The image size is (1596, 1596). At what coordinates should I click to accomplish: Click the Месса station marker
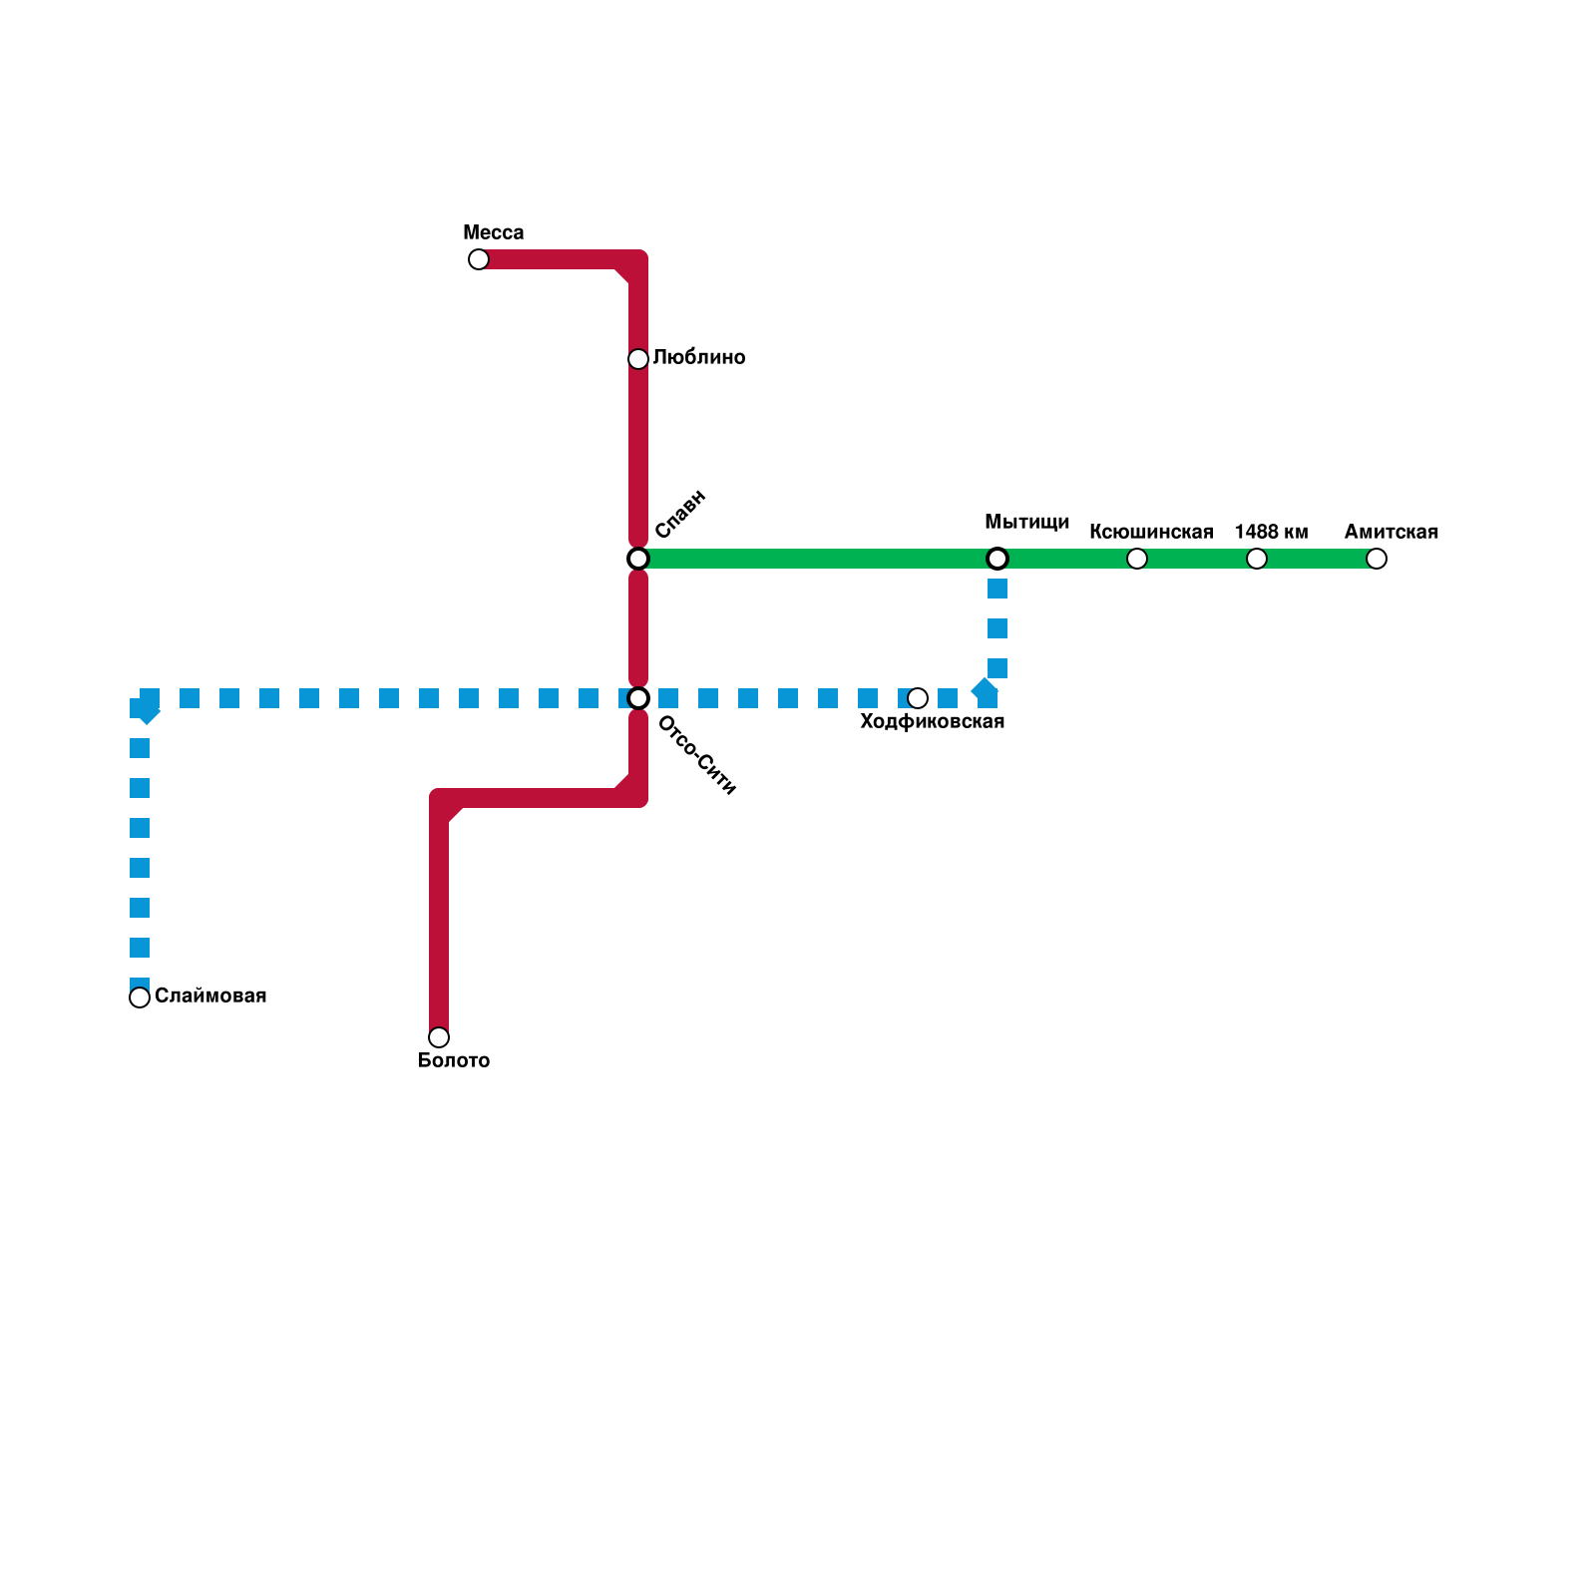(479, 259)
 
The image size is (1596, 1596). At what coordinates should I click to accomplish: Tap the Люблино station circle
(638, 359)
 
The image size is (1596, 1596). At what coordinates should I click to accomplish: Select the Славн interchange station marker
(638, 559)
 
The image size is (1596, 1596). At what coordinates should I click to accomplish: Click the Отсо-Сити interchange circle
(638, 698)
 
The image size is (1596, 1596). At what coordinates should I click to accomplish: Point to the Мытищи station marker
(997, 559)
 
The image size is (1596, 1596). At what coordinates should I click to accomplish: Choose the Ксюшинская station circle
(1137, 559)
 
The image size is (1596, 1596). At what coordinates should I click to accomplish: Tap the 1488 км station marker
(1257, 559)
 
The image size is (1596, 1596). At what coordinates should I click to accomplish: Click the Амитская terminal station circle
(1377, 559)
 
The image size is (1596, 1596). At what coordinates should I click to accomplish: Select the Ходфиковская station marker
(918, 698)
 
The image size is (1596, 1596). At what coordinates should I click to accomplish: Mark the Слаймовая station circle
(140, 997)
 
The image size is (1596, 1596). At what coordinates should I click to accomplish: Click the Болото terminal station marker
(439, 1037)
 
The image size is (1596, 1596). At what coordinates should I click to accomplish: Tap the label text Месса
(493, 233)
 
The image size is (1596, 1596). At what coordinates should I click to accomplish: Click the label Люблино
(699, 358)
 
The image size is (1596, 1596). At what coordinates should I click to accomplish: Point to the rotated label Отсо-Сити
(697, 756)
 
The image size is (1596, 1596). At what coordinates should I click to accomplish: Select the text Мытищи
(1026, 523)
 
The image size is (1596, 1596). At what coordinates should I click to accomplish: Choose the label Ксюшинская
(1151, 533)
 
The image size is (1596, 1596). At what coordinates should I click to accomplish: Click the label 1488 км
(1271, 533)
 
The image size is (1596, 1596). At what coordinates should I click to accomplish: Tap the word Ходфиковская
(932, 722)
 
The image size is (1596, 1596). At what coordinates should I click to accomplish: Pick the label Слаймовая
(210, 997)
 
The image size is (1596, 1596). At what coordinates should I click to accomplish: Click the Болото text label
(453, 1061)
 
